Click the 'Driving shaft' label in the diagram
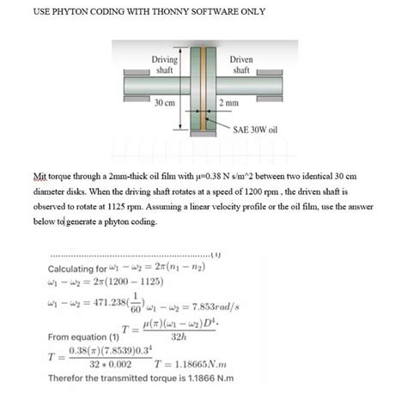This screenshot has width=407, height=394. pos(165,64)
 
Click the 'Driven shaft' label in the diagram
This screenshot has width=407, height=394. pos(241,64)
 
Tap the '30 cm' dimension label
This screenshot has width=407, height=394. pos(164,103)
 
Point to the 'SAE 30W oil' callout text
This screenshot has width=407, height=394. pos(257,133)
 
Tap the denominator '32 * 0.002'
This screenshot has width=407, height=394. pos(108,364)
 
